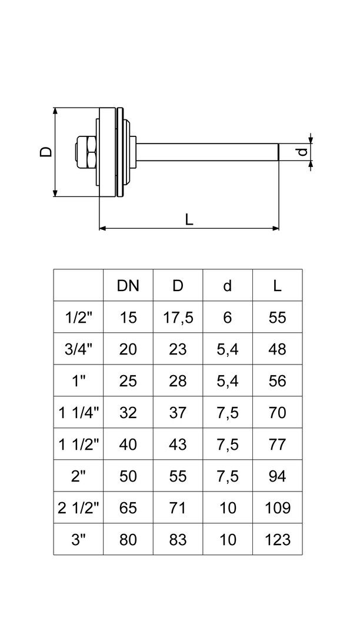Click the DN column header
tap(128, 286)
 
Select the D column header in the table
tap(178, 286)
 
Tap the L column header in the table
tap(277, 286)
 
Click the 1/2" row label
tap(78, 317)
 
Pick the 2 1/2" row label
tap(78, 508)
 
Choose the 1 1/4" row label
tap(78, 413)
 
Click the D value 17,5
tap(178, 317)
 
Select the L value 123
tap(277, 540)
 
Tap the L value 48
tap(277, 349)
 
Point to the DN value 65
tap(128, 508)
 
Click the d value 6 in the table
tap(228, 317)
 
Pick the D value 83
tap(178, 540)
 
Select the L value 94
tap(277, 476)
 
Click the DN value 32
tap(128, 413)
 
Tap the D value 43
tap(178, 444)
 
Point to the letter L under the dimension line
tap(188, 219)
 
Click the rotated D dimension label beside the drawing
tap(45, 151)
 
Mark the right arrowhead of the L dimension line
tap(275, 228)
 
